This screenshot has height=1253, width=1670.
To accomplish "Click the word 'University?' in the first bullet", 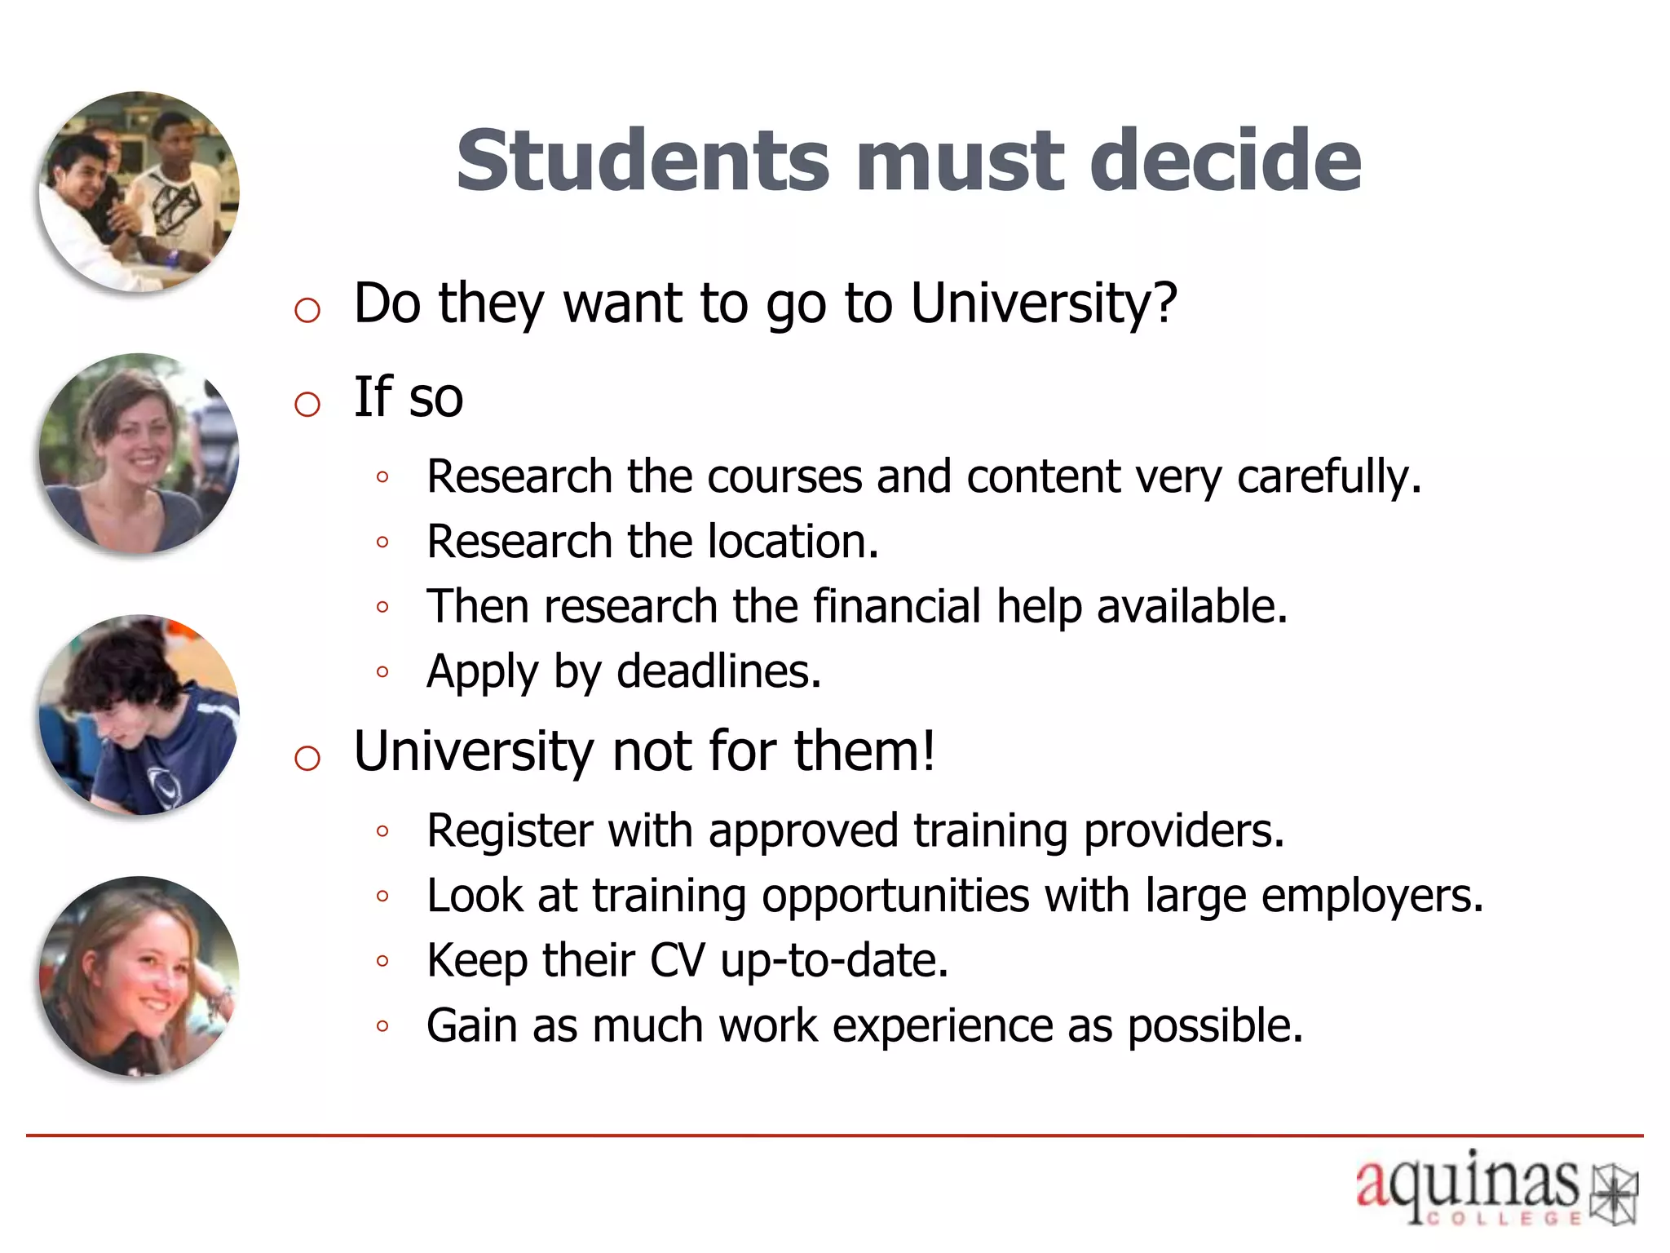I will [x=1044, y=303].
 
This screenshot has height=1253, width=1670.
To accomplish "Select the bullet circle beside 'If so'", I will [x=307, y=404].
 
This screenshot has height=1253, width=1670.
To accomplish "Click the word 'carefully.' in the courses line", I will [x=1329, y=476].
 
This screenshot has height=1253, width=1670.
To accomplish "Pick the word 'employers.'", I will [x=1372, y=896].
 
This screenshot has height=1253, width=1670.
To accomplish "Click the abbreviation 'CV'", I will [x=677, y=960].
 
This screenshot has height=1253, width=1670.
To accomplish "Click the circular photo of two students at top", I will [x=139, y=192].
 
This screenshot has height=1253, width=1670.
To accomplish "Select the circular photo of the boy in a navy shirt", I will [x=139, y=715].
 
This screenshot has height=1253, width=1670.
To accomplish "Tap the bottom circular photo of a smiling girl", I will [x=139, y=976].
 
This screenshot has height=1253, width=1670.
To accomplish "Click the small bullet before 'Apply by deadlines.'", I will [x=382, y=672].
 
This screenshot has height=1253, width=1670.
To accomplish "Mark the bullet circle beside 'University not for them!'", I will [x=307, y=759].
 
